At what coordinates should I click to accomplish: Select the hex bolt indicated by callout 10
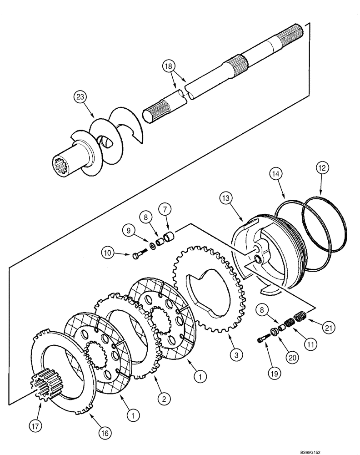(137, 256)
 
